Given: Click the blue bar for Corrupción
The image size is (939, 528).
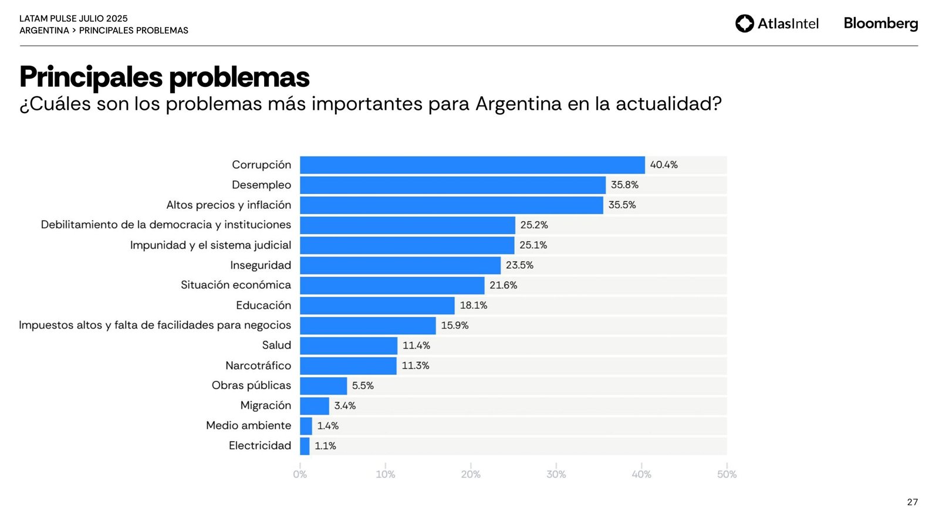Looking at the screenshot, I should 472,165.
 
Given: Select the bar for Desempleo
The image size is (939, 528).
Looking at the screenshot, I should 452,185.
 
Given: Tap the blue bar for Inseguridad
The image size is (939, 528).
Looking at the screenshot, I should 400,265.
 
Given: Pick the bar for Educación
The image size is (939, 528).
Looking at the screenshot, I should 377,305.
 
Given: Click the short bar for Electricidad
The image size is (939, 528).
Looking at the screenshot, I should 305,446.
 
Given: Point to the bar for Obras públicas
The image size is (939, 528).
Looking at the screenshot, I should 323,385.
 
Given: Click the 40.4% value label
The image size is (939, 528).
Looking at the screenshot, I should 664,165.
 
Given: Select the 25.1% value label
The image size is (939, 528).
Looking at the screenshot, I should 533,245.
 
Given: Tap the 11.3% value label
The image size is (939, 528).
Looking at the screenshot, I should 416,365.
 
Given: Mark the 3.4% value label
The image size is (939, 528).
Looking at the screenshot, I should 345,405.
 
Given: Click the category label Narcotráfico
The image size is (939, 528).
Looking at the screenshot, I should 258,365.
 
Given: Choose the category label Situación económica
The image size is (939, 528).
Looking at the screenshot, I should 236,285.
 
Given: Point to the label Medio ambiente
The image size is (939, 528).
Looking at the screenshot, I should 248,425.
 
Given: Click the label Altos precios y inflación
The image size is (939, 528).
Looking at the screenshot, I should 228,205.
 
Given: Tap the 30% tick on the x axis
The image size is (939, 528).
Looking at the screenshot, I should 556,474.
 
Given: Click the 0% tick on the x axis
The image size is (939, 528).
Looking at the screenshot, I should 300,474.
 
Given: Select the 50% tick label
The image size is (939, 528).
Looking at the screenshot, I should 727,474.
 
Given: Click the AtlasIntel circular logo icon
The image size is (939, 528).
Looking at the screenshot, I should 744,23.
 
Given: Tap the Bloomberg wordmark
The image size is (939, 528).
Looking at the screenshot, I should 880,23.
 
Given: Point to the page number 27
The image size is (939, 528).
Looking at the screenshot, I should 912,502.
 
